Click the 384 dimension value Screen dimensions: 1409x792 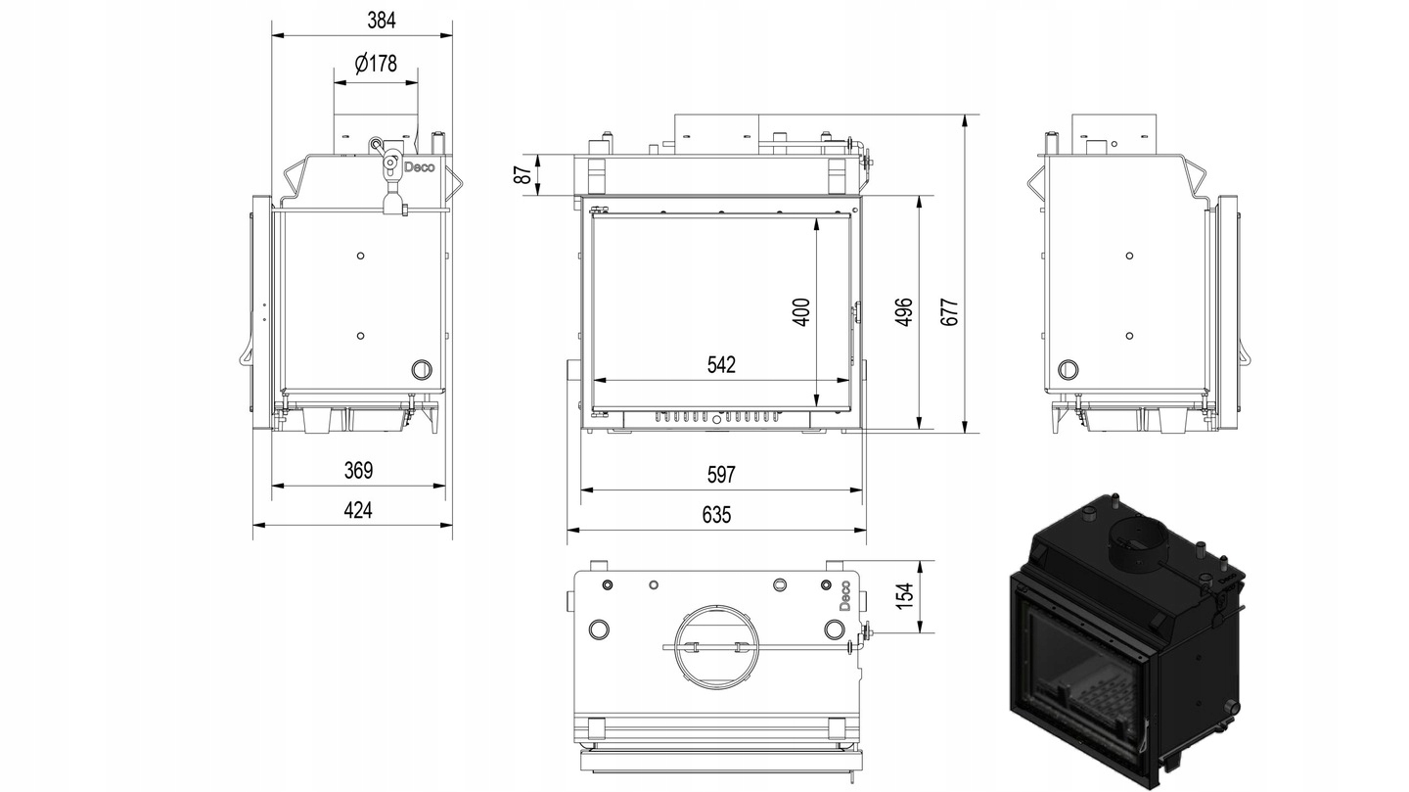pos(382,21)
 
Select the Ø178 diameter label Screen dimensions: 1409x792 pos(376,63)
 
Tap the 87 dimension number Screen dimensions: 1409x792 pos(523,175)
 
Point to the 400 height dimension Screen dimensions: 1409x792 pos(801,311)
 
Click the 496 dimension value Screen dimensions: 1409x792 pos(904,311)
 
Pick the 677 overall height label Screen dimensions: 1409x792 pos(950,311)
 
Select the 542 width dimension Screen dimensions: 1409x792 pos(721,364)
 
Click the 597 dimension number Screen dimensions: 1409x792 pos(721,474)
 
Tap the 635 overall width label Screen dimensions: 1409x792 pos(716,515)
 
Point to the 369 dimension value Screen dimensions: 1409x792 pos(358,470)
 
